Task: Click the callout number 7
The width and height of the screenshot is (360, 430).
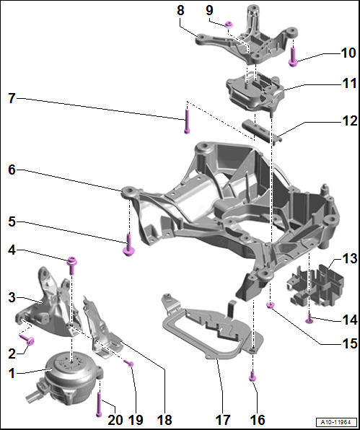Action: [12, 98]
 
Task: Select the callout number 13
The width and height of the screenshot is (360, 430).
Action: [350, 258]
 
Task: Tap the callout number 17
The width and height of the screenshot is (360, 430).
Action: [222, 419]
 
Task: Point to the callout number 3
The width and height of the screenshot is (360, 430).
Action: [12, 297]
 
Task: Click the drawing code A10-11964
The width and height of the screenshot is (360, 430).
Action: [337, 421]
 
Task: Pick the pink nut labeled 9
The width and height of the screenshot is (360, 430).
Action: [229, 25]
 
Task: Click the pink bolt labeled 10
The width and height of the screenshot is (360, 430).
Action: [293, 57]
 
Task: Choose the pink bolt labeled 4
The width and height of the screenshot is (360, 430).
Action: [72, 266]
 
